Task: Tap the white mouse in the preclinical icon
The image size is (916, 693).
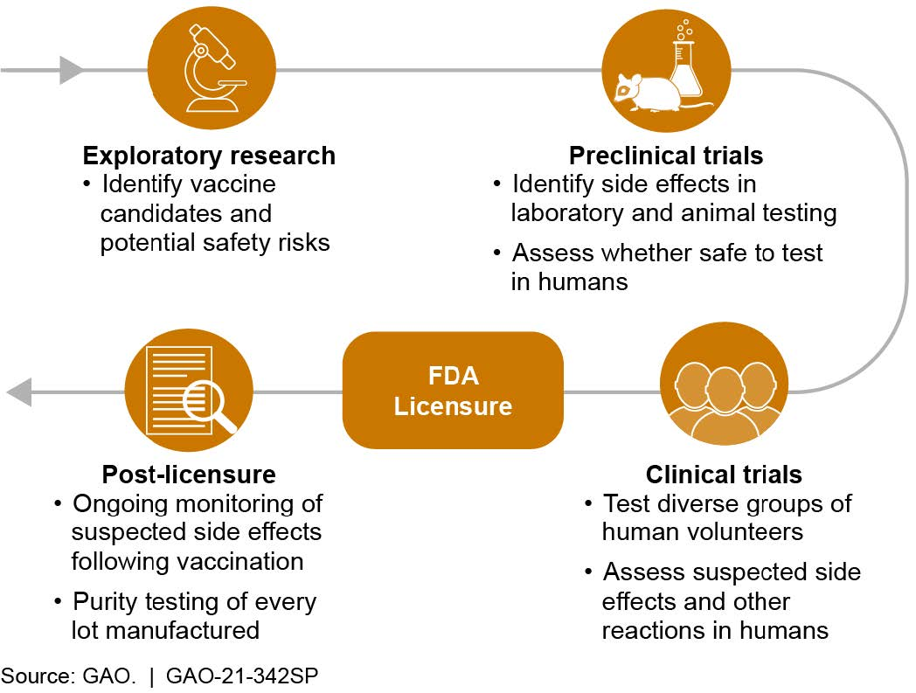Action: [645, 90]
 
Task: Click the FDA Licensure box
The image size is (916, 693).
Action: [453, 391]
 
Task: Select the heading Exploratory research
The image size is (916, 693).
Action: [209, 156]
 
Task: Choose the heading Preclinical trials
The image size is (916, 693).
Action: [666, 156]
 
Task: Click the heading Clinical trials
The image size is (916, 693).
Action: [724, 475]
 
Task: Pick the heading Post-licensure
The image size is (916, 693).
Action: [189, 475]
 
